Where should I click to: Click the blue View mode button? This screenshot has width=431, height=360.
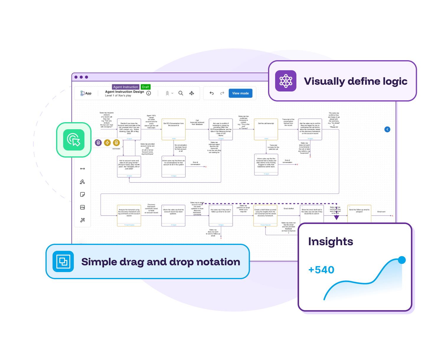point(240,93)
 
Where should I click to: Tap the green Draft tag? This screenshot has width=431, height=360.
point(146,87)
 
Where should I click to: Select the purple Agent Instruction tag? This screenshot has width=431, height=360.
point(125,87)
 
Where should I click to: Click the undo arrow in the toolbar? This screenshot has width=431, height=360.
point(212,93)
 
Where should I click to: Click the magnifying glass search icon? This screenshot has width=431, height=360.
point(181,93)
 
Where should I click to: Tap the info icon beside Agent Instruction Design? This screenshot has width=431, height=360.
point(149,93)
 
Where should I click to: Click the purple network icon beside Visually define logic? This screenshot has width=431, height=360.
point(286,81)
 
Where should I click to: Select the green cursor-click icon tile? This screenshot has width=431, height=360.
point(74,140)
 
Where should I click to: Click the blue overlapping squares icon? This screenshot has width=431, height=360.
point(63,261)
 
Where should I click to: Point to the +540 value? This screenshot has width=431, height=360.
point(321,270)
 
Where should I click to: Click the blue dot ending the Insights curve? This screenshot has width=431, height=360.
point(402,260)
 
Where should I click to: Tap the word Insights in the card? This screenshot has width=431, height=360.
point(331,242)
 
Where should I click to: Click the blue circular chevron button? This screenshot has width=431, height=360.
point(387,129)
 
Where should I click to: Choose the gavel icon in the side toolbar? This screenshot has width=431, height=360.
point(82,182)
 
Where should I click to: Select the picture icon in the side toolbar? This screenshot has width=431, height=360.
point(82,207)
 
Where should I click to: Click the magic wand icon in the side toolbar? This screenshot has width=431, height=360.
point(82,220)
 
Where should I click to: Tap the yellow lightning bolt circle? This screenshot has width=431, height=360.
point(107,143)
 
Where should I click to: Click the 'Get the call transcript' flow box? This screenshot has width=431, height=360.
point(266,129)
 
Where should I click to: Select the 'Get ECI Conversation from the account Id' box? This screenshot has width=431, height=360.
point(174,129)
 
